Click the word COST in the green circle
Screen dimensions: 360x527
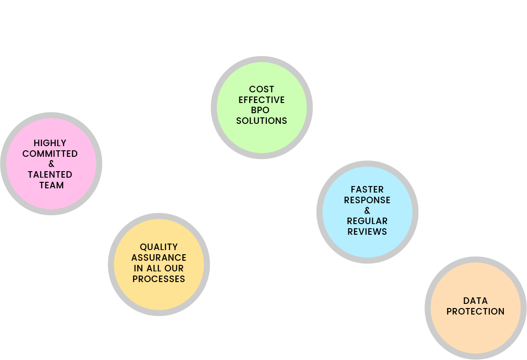pos(262,89)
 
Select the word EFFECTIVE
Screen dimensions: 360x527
pos(262,100)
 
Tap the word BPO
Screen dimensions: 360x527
pos(262,110)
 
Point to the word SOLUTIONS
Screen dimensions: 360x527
pos(262,121)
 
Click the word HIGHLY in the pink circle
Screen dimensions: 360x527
pos(50,143)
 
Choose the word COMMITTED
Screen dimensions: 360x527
pos(50,154)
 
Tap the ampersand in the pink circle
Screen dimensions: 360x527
pos(51,164)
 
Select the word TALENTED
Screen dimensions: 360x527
pos(50,175)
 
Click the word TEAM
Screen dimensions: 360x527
pos(51,186)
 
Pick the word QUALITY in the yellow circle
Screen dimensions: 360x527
pos(159,247)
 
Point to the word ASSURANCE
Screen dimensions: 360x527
pos(159,258)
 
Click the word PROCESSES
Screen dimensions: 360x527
pos(159,279)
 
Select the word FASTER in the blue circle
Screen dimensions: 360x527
pos(367,189)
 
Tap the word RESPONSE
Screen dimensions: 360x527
pos(367,200)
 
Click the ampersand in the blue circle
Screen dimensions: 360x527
pos(367,211)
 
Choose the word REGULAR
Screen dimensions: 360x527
pos(367,221)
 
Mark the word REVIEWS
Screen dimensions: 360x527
pos(367,231)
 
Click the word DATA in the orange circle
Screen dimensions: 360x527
pos(476,301)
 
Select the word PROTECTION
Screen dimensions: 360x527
pos(476,312)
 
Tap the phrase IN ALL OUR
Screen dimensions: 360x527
pos(159,269)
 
